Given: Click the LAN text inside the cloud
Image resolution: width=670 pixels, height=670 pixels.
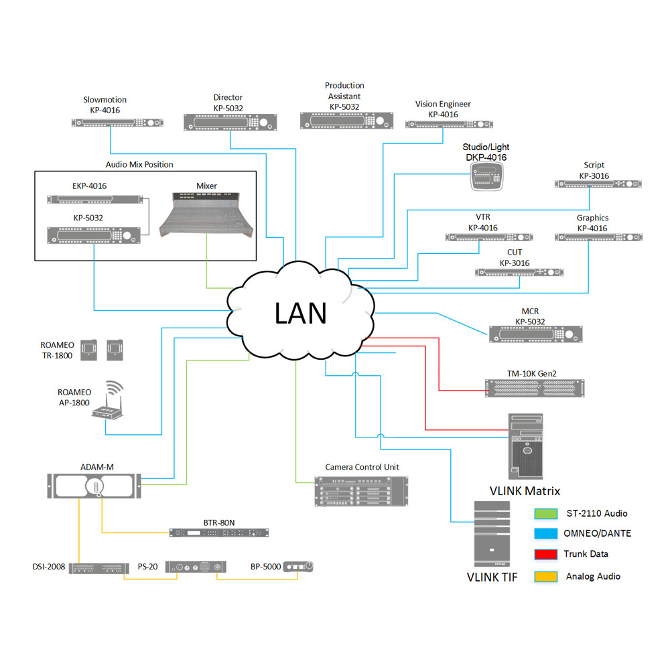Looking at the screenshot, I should tap(300, 313).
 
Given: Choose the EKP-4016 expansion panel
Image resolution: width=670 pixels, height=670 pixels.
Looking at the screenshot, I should tap(96, 199).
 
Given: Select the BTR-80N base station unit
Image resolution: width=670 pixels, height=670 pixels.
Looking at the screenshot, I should tap(218, 533).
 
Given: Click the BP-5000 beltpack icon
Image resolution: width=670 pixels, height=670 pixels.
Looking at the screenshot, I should tap(298, 567).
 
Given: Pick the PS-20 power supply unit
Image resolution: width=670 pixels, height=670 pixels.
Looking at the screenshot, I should tap(196, 567).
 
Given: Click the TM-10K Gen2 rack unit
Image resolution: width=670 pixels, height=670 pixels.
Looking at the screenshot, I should tap(535, 387).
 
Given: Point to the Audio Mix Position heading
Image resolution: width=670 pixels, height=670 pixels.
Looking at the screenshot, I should tap(139, 164).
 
